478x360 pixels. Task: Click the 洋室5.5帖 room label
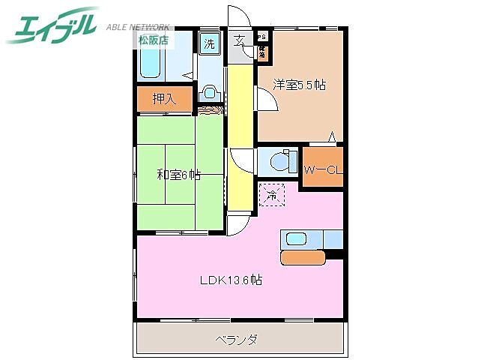298,85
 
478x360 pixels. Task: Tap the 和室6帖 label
178,175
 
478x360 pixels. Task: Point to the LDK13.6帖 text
230,280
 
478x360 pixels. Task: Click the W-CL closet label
322,169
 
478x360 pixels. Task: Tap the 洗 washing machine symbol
210,43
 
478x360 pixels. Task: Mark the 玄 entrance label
238,40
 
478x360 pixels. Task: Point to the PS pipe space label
262,37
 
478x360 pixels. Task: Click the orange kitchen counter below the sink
303,257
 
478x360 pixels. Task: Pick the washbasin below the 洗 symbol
210,92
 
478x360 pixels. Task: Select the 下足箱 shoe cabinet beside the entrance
263,52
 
